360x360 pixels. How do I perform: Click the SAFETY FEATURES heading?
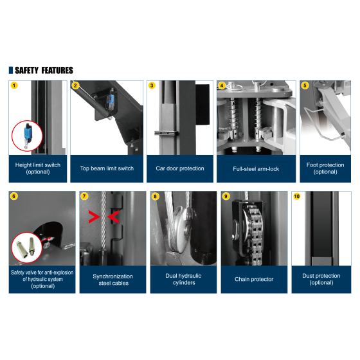click(44, 70)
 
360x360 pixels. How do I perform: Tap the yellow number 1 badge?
click(14, 85)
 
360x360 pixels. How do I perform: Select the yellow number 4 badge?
click(222, 85)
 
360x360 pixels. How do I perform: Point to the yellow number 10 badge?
click(296, 196)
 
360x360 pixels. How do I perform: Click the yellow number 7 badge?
click(84, 196)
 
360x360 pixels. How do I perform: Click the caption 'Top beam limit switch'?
click(107, 168)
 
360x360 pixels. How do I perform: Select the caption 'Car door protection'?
click(180, 168)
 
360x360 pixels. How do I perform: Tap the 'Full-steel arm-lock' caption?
click(256, 169)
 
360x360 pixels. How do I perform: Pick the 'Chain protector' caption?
click(254, 279)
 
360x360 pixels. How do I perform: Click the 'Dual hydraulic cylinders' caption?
click(183, 279)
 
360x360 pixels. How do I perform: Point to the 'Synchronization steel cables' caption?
click(113, 280)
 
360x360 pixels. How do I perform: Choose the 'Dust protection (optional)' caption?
click(321, 279)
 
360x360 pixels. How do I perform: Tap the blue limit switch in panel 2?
click(110, 102)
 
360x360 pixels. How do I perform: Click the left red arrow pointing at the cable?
click(94, 217)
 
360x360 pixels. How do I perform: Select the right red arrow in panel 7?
click(113, 217)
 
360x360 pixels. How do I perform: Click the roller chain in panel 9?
click(254, 234)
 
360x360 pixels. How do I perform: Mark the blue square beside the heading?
click(11, 70)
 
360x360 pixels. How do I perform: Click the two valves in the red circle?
click(25, 248)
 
